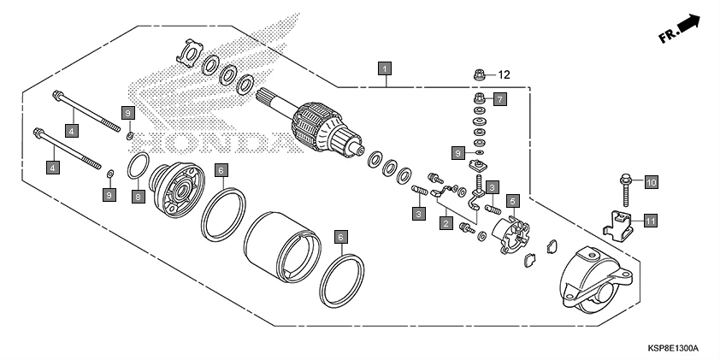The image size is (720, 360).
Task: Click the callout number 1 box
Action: (x=387, y=67)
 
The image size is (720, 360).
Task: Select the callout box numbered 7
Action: (x=499, y=99)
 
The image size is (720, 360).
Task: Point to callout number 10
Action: (x=651, y=182)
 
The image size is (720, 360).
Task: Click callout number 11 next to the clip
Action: (x=651, y=221)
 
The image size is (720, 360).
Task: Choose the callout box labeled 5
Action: (x=513, y=202)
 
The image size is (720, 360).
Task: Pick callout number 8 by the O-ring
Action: (x=137, y=197)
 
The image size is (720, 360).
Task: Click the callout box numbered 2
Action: (x=446, y=224)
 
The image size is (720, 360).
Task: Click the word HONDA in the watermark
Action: (x=205, y=138)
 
